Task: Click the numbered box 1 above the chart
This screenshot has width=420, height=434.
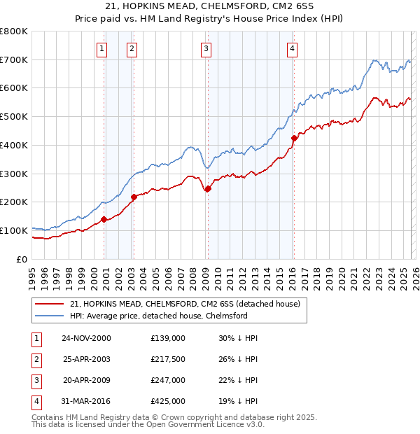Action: tap(102, 48)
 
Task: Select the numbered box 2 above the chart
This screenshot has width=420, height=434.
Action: tap(132, 48)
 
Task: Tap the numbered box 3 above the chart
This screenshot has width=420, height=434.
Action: tap(206, 48)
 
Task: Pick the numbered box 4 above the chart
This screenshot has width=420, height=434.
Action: tap(292, 48)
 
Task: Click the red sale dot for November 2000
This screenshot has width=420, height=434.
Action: tap(104, 219)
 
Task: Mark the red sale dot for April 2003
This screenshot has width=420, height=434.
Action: tap(134, 197)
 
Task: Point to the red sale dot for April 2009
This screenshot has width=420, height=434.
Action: tap(208, 188)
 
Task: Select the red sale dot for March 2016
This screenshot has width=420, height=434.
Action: tap(294, 138)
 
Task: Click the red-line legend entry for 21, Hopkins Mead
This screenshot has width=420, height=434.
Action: tap(185, 304)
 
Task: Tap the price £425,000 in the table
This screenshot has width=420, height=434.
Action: tap(168, 401)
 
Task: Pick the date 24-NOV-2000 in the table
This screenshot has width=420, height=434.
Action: tap(86, 338)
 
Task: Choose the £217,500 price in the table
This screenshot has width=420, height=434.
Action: tap(168, 359)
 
